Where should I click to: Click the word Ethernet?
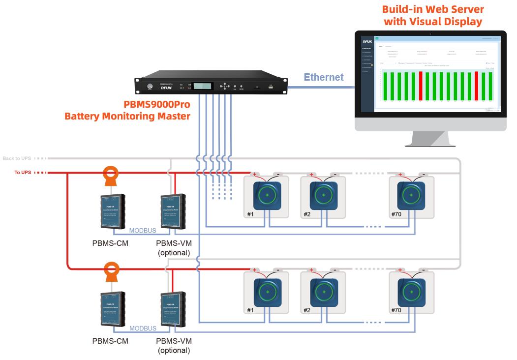[323, 77]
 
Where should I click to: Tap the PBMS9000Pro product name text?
[157, 105]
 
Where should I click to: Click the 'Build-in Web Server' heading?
[433, 9]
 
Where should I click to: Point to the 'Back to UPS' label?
[17, 158]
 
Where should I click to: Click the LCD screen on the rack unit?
[203, 86]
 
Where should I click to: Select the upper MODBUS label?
[143, 231]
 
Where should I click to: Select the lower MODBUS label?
[143, 329]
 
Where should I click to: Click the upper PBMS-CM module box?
[112, 210]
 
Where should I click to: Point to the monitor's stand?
[430, 139]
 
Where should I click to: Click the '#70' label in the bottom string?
[396, 310]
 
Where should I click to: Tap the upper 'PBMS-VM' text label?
[174, 243]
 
